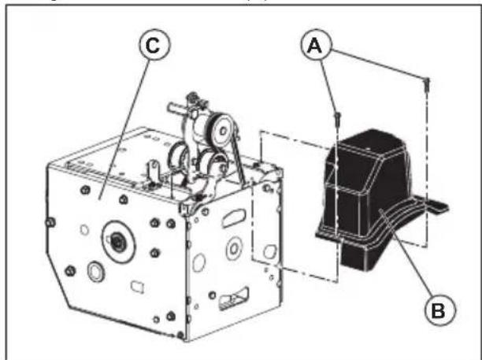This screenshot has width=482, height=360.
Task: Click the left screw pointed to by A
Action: coord(338,118)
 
